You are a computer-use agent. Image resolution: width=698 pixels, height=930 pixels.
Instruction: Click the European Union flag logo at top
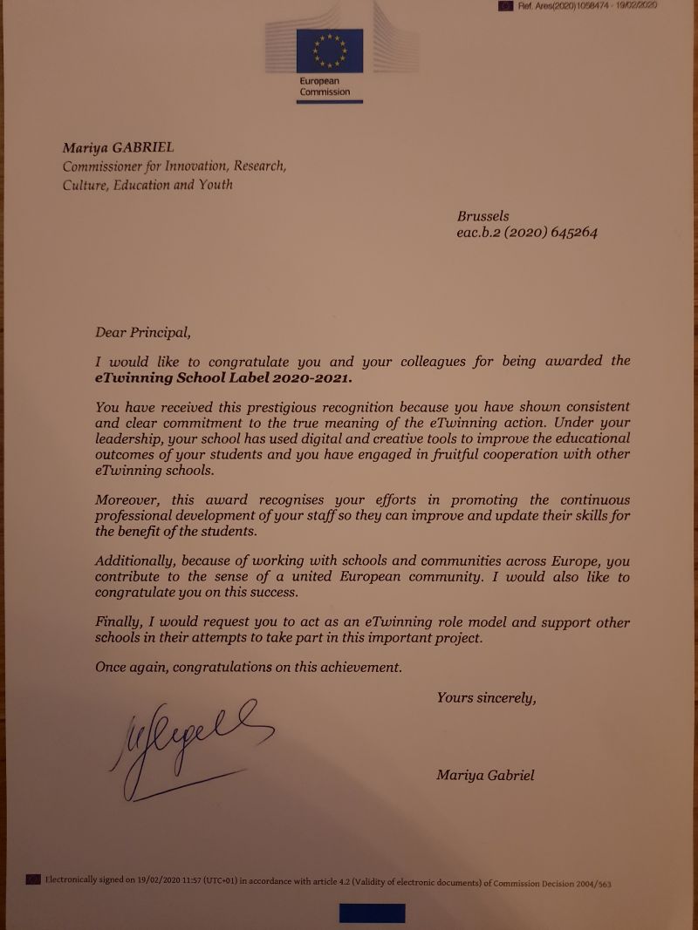(329, 51)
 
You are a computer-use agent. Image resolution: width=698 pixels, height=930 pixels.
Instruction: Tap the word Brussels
(482, 216)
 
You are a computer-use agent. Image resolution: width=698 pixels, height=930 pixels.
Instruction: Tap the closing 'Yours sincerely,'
(486, 697)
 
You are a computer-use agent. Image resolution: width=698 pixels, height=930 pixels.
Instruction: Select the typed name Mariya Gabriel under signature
(486, 776)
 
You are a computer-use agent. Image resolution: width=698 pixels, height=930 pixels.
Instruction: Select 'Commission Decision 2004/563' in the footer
(552, 883)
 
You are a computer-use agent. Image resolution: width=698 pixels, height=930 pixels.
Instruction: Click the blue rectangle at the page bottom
(372, 913)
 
